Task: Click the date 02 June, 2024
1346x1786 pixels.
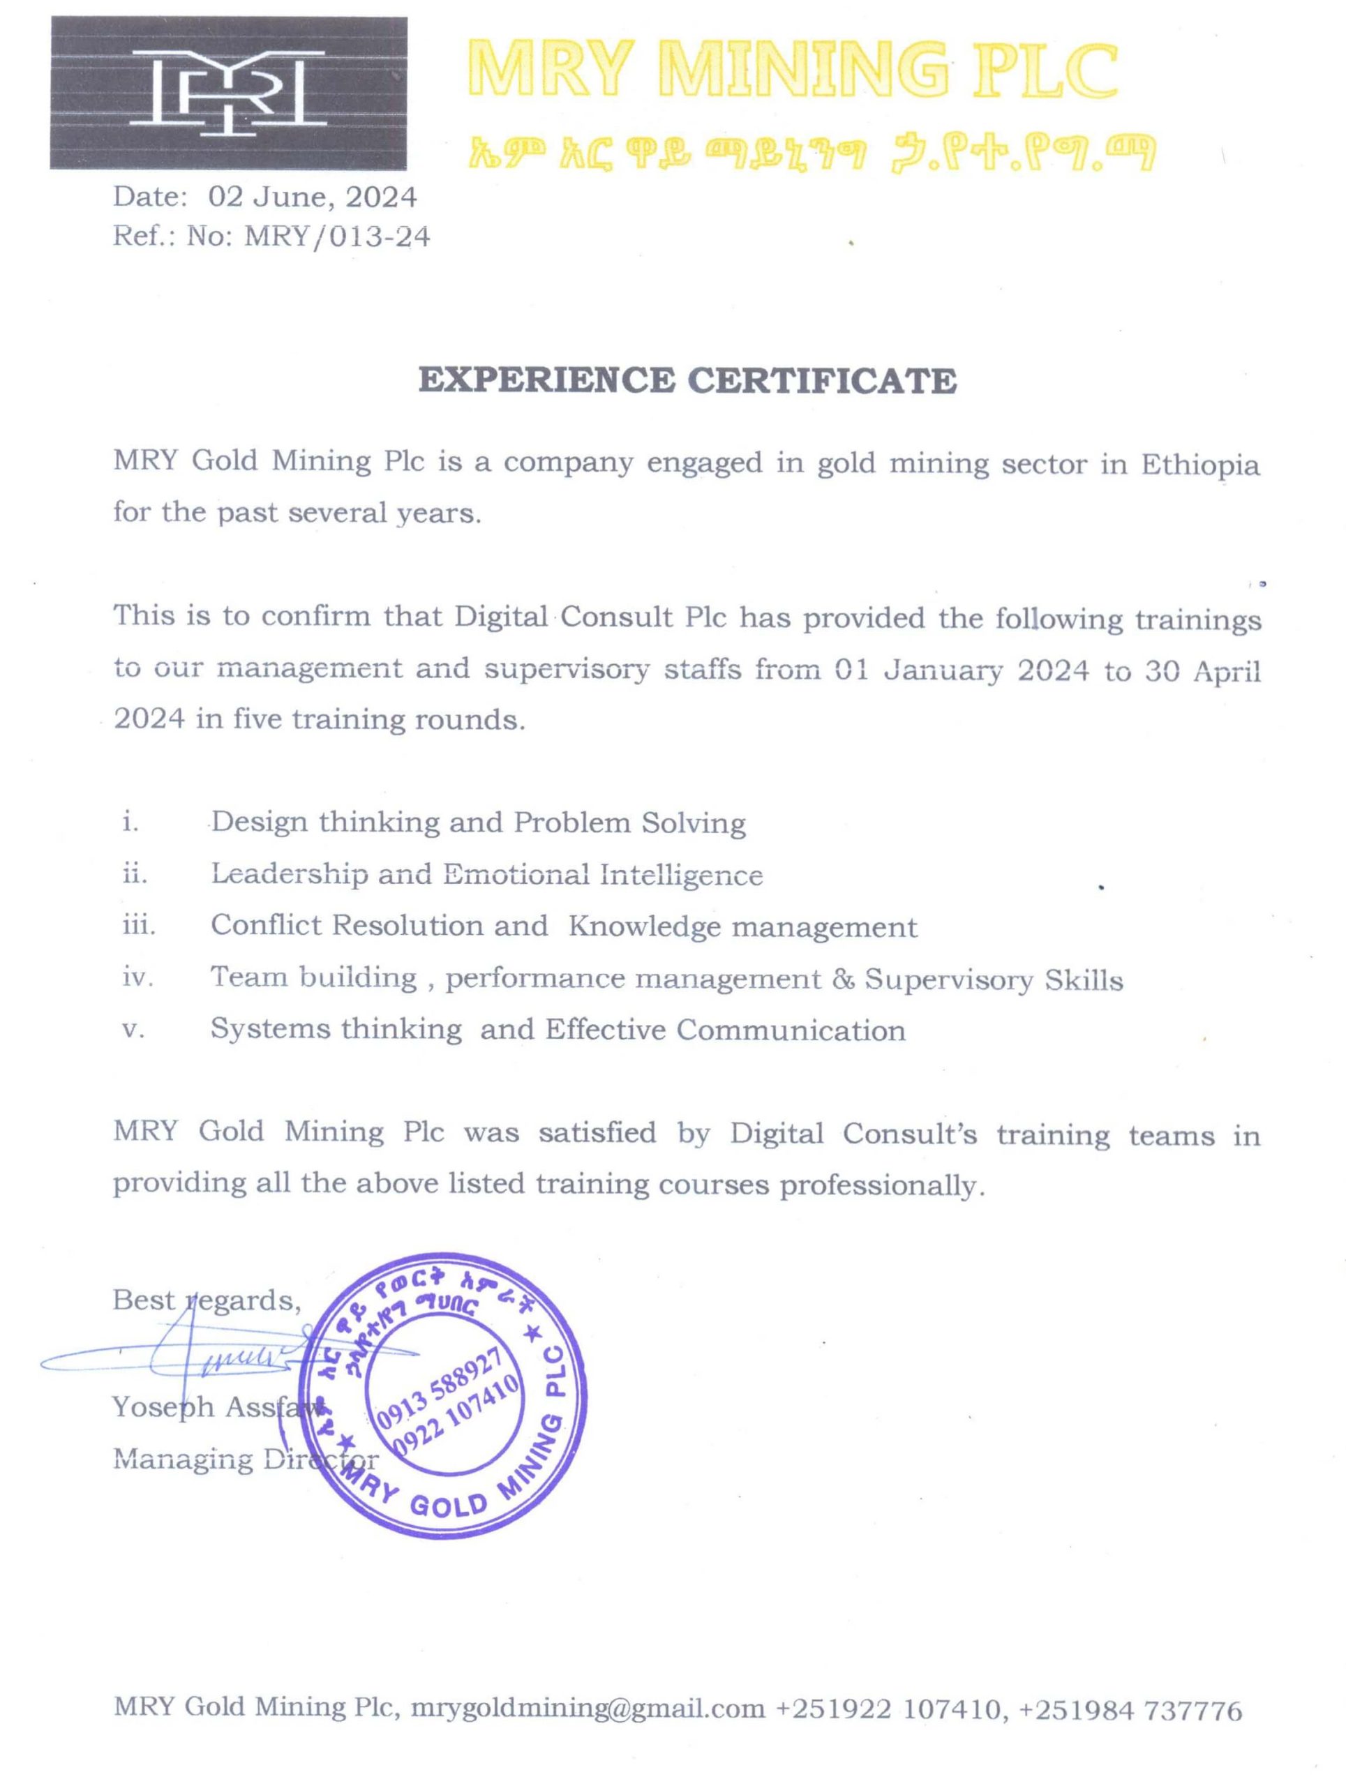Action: [313, 196]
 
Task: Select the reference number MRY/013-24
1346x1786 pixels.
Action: [337, 237]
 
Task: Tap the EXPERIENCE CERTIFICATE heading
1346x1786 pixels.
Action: [687, 380]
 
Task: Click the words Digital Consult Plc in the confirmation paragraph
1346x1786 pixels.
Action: [590, 617]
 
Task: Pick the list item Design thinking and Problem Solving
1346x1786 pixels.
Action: [478, 823]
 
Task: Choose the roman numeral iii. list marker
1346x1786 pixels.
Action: [138, 925]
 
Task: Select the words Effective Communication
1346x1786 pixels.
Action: [725, 1030]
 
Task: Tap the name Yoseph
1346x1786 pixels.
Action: [163, 1407]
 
